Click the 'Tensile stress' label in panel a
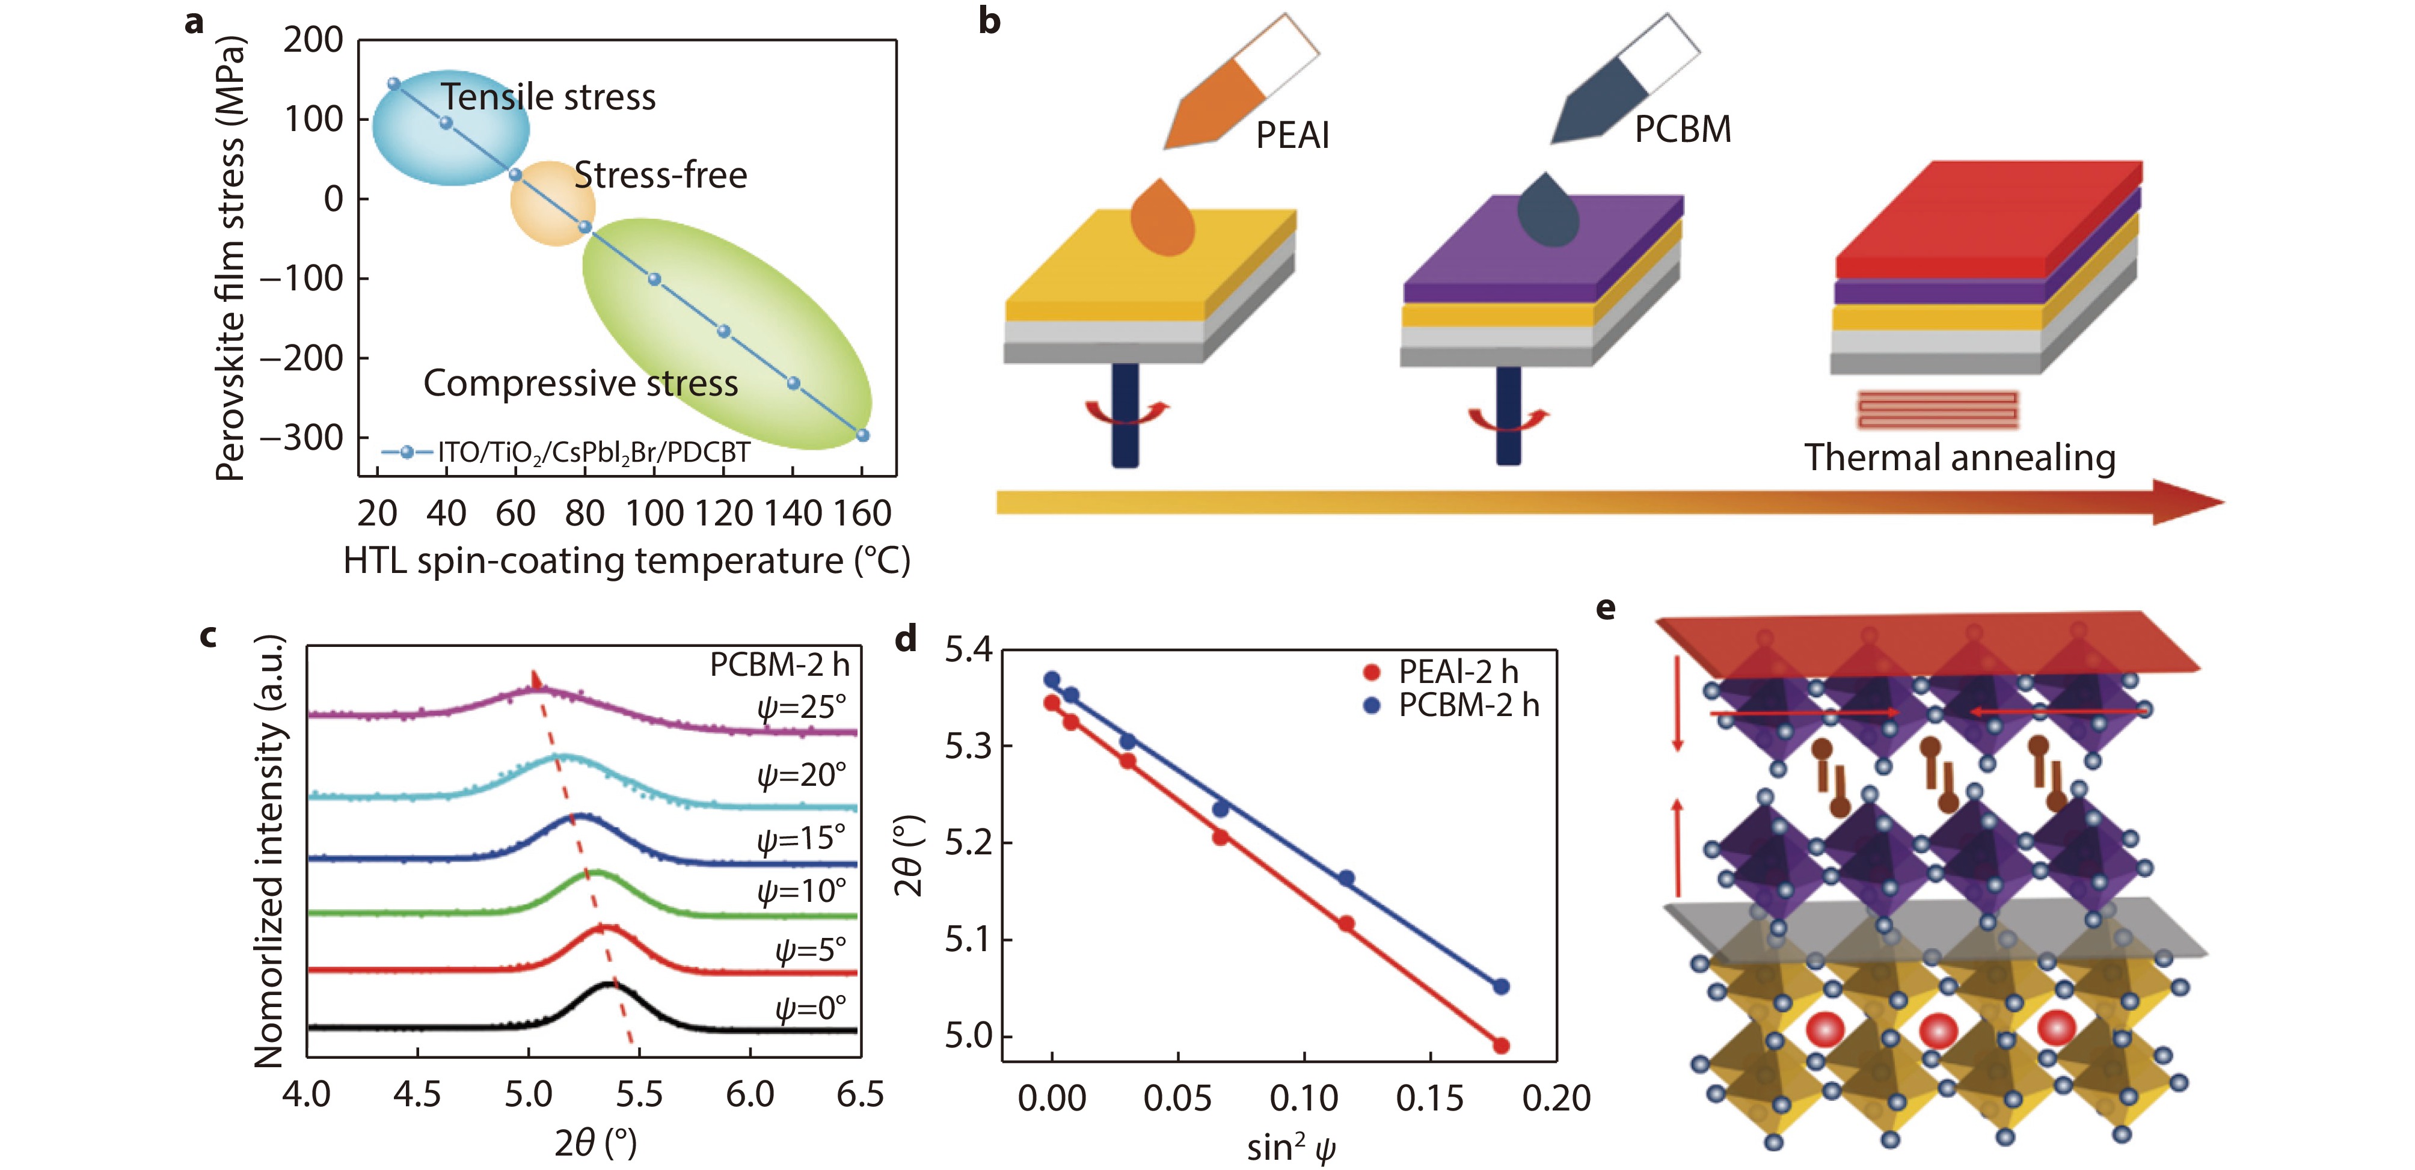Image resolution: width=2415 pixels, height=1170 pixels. pos(548,97)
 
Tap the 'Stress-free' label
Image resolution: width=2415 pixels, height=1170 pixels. pos(660,176)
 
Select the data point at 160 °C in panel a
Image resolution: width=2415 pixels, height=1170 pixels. pos(862,435)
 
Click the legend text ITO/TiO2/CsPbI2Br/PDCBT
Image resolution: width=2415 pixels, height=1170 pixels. pos(594,453)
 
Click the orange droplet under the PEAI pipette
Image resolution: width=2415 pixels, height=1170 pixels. pos(1162,219)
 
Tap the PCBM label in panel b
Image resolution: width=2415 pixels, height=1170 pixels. pos(1683,129)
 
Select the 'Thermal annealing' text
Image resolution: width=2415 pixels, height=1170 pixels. pos(1959,458)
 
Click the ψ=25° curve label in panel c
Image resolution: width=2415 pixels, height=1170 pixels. pos(802,706)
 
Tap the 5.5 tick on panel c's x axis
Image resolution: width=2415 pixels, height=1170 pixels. pos(639,1094)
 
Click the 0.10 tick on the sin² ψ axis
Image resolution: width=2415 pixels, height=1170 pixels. pos(1303,1098)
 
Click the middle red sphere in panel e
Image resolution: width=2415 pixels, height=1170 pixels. pos(1938,1031)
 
